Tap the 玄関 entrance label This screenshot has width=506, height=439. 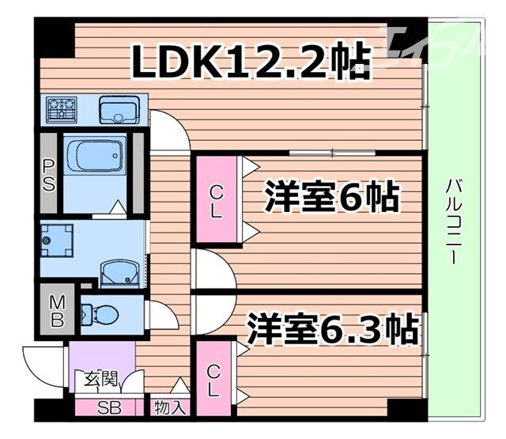click(x=97, y=379)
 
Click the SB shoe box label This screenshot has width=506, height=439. click(x=104, y=408)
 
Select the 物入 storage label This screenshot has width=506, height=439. click(x=170, y=409)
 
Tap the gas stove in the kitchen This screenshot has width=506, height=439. click(x=60, y=110)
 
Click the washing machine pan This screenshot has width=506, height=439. click(x=57, y=240)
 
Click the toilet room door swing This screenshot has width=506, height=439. click(x=162, y=314)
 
